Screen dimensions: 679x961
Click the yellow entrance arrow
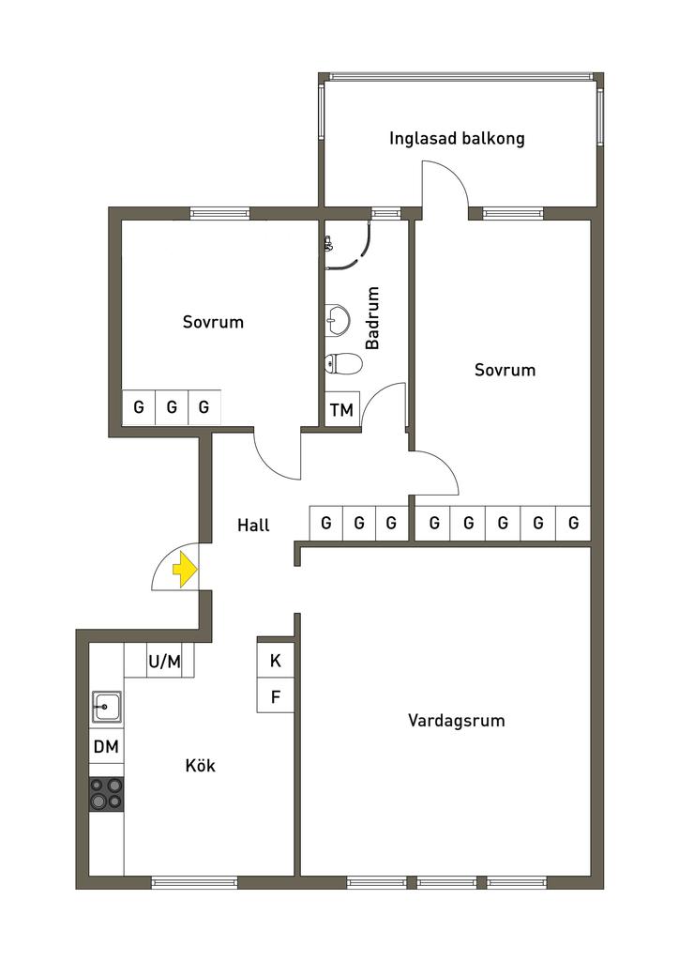(185, 569)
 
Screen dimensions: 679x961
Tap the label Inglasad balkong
(457, 139)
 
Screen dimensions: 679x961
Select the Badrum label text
(372, 318)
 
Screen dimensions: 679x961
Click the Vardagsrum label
(457, 721)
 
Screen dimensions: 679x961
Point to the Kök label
(201, 766)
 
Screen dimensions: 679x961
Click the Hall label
(253, 526)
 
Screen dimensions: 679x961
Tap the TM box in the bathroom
(341, 409)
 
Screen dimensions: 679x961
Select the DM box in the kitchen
(106, 748)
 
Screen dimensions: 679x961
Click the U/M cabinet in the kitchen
(164, 662)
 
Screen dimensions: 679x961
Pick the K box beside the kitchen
(276, 661)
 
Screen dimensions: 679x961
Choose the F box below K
(276, 697)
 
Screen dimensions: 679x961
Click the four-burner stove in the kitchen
(106, 794)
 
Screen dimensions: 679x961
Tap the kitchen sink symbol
(106, 705)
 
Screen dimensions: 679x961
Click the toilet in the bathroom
(342, 363)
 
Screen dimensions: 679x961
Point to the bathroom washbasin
(337, 318)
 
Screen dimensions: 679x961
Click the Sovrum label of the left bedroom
(213, 322)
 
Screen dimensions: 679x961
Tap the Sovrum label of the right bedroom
(505, 370)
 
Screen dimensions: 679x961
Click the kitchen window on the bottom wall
(194, 882)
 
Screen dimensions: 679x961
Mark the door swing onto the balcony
(445, 183)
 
